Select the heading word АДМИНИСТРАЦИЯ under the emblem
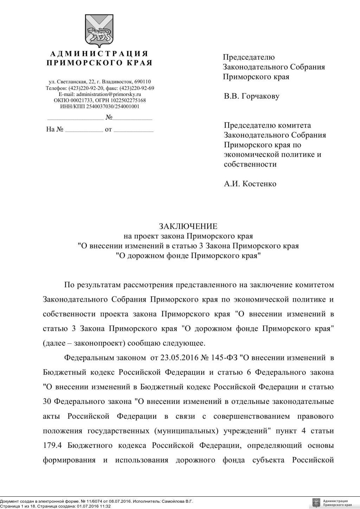coord(99,54)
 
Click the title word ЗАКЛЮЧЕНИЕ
coord(188,226)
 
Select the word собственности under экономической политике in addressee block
coord(250,165)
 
